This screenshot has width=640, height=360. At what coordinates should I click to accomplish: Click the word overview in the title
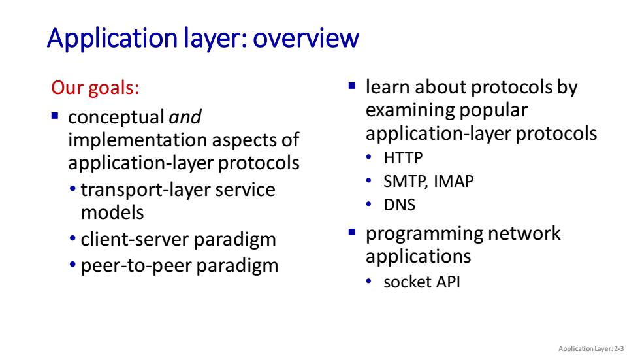[306, 38]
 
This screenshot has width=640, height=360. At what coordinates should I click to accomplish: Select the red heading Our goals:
[95, 88]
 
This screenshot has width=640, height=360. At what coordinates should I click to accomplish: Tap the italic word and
[185, 117]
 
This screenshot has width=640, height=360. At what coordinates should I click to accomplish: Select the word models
[112, 212]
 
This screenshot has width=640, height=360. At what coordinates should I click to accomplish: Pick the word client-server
[135, 239]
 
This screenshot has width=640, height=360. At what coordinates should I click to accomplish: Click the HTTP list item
[403, 158]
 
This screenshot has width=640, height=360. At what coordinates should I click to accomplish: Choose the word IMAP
[453, 181]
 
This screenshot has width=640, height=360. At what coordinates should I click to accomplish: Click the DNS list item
[399, 205]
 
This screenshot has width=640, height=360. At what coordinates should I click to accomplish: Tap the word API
[448, 282]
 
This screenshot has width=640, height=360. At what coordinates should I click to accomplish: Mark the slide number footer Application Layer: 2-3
[591, 349]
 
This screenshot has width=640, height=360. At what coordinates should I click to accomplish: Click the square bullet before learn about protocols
[352, 86]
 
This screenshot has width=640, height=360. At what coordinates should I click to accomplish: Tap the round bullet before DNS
[369, 204]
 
